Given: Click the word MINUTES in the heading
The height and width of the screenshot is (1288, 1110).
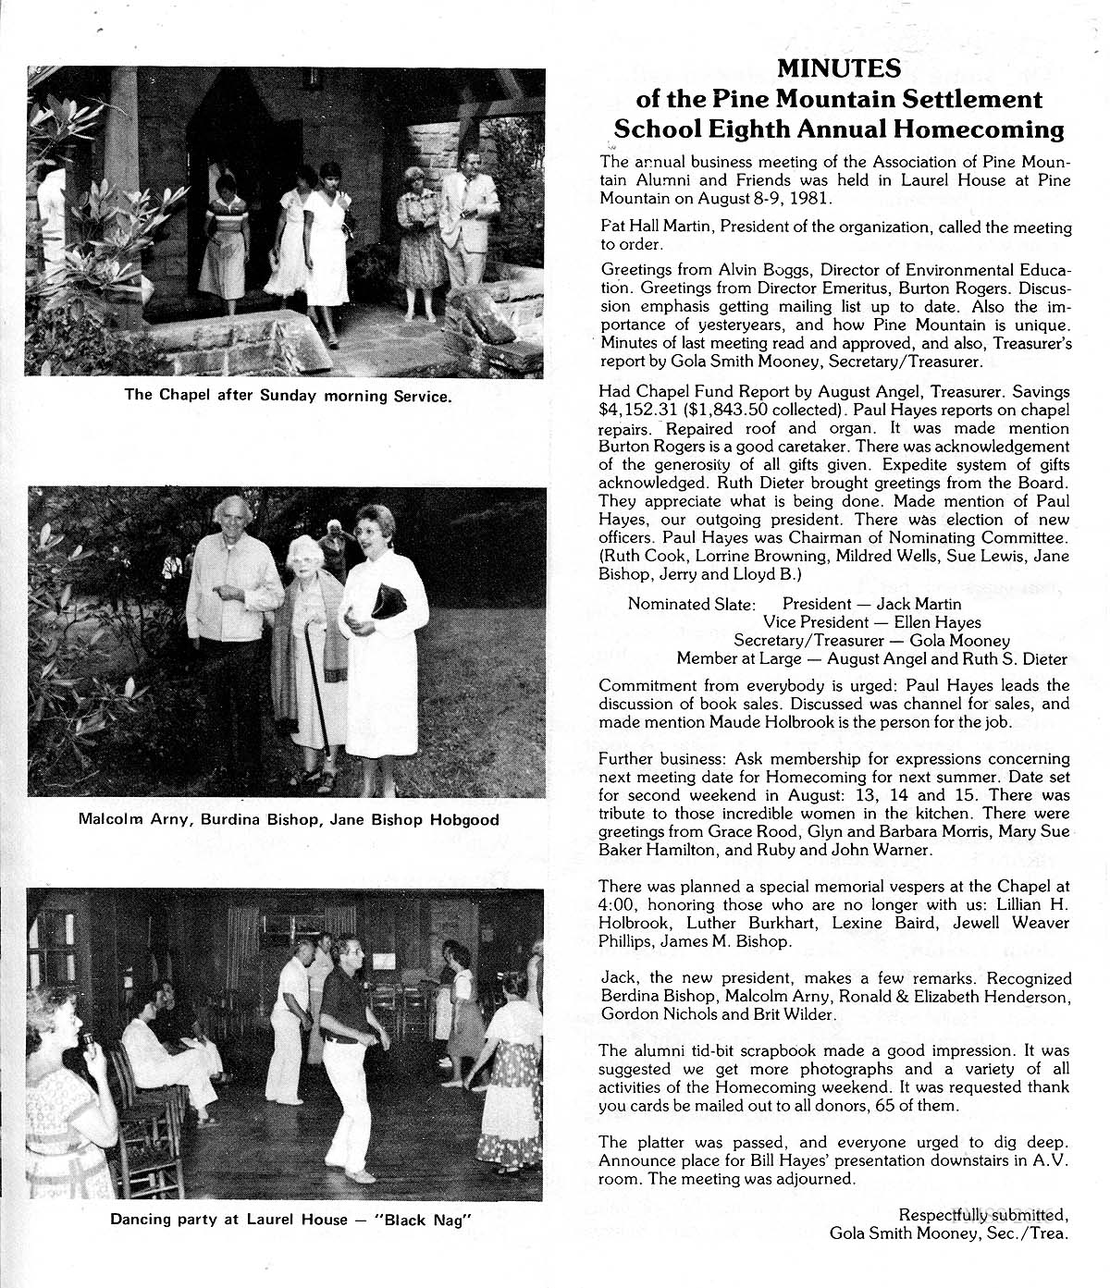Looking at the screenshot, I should pos(838,68).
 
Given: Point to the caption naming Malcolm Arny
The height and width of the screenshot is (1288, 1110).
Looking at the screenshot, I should pos(289,820).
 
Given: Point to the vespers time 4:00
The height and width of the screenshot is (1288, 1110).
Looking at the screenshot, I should pos(616,904).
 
